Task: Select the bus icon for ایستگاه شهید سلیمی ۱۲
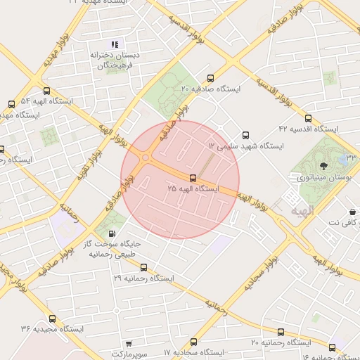245,134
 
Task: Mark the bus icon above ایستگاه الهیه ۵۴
47,91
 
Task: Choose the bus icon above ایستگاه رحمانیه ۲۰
281,331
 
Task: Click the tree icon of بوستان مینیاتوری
323,166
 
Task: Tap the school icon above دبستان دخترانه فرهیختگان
115,44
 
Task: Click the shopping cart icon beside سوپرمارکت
127,345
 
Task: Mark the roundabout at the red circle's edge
146,157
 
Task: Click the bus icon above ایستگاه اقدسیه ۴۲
308,118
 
